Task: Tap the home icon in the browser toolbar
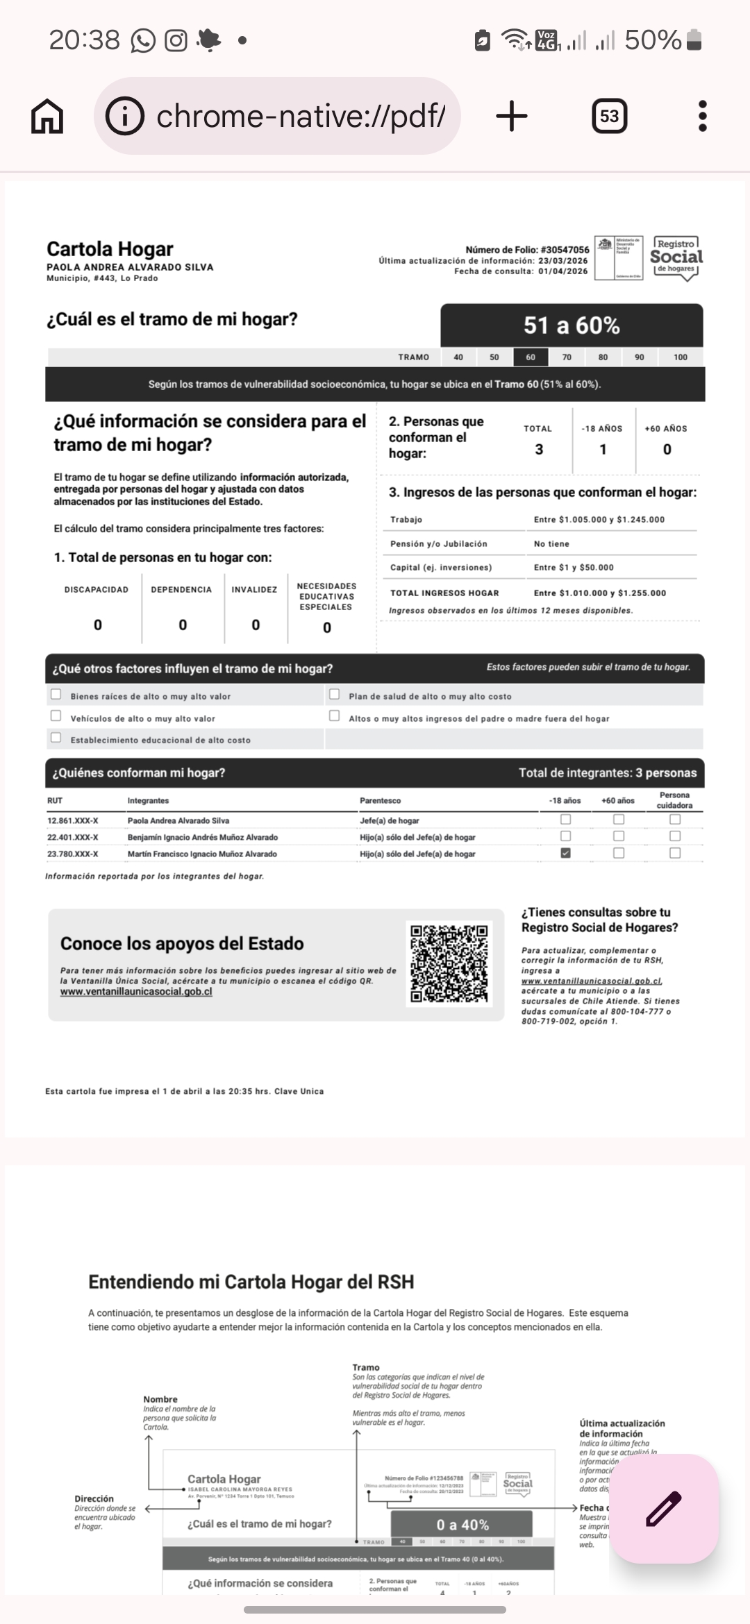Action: click(x=47, y=116)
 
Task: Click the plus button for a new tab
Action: click(x=512, y=116)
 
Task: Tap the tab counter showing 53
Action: click(x=609, y=116)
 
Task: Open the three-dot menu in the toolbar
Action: click(x=702, y=116)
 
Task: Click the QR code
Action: click(x=449, y=963)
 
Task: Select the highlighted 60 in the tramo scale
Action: click(x=531, y=357)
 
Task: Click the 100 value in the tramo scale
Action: click(x=681, y=357)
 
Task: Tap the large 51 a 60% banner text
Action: click(x=572, y=325)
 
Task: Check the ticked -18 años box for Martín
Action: click(x=565, y=854)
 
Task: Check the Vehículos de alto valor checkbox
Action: click(x=56, y=716)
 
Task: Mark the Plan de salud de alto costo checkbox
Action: click(x=335, y=694)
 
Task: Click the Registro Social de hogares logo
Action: click(x=676, y=257)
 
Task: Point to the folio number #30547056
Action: click(x=565, y=250)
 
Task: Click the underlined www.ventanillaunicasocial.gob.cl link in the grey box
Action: click(x=136, y=992)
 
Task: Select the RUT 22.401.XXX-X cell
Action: click(x=73, y=838)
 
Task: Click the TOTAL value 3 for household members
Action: click(x=539, y=450)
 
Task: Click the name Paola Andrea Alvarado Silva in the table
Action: click(x=178, y=821)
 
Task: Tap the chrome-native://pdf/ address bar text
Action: click(x=301, y=116)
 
